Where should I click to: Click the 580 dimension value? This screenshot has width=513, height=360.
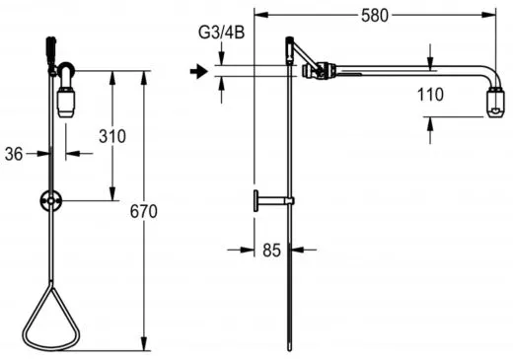pyautogui.click(x=375, y=16)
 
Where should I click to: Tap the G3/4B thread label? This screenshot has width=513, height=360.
pyautogui.click(x=222, y=33)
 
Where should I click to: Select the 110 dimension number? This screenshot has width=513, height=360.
pyautogui.click(x=430, y=95)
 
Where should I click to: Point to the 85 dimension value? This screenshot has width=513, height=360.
pyautogui.click(x=271, y=251)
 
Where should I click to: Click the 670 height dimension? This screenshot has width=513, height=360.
pyautogui.click(x=144, y=211)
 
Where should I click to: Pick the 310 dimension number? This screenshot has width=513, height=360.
pyautogui.click(x=112, y=136)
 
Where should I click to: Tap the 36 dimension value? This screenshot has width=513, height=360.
pyautogui.click(x=14, y=154)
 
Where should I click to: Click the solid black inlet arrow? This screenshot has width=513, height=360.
pyautogui.click(x=199, y=71)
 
